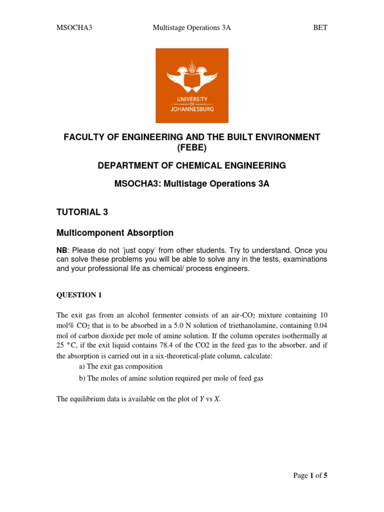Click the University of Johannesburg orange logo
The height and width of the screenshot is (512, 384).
(x=192, y=85)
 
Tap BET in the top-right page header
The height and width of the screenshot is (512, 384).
(x=320, y=27)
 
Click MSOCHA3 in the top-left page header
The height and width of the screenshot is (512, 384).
(x=71, y=27)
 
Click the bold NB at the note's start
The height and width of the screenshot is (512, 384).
(x=61, y=250)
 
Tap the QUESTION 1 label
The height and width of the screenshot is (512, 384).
(x=79, y=295)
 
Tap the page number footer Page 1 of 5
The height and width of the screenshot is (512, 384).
(x=310, y=475)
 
